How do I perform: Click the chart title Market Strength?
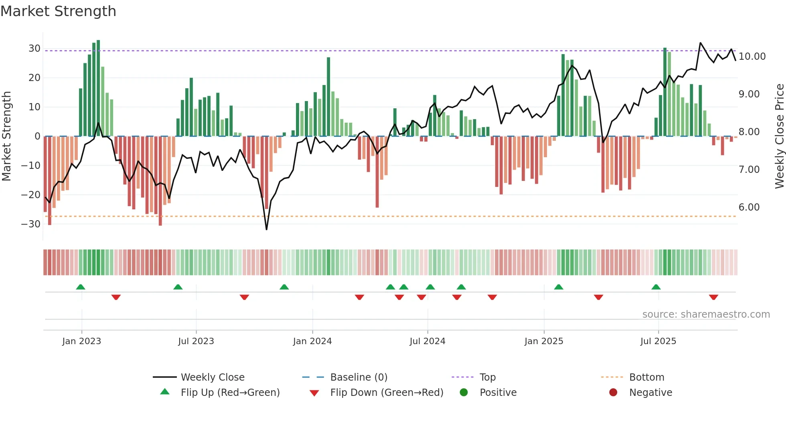click(59, 11)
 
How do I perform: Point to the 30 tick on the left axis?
click(34, 49)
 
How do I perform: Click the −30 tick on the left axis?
click(31, 224)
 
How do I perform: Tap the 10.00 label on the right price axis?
click(752, 57)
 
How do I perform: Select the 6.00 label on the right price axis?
click(749, 207)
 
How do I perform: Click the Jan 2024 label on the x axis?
click(312, 341)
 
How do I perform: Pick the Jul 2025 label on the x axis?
click(658, 341)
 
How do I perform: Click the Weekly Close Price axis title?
click(779, 136)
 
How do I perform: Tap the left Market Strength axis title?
click(6, 136)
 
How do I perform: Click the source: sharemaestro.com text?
click(706, 314)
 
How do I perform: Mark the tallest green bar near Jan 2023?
click(98, 88)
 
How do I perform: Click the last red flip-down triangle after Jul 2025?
click(713, 297)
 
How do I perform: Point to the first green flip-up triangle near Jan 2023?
click(81, 287)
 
